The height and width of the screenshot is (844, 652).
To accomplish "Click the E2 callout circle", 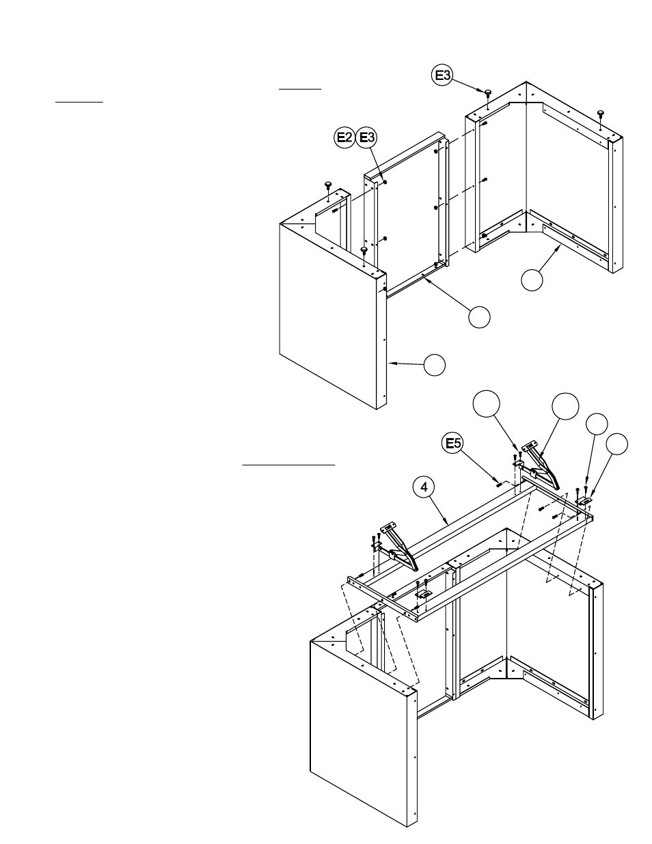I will (x=344, y=138).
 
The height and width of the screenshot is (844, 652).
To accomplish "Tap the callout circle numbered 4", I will (x=424, y=487).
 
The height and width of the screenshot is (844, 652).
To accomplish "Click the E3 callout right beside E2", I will (x=368, y=138).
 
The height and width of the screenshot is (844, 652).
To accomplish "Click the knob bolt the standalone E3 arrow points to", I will (x=489, y=93).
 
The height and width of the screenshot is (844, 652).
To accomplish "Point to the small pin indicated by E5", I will (x=499, y=483).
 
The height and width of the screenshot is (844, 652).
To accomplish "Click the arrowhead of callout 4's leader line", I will (x=448, y=524).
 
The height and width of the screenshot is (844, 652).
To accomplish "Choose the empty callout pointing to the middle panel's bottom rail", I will (x=479, y=316).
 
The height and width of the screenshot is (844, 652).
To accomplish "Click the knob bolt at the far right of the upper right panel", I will (x=600, y=113).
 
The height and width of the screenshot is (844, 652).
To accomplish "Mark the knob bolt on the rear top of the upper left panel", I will (x=328, y=185).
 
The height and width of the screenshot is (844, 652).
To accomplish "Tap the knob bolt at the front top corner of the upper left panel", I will (x=364, y=251).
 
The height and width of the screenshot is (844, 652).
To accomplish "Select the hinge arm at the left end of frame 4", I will (x=402, y=547).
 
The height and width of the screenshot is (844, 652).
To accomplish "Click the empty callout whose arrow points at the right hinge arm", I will (x=566, y=406).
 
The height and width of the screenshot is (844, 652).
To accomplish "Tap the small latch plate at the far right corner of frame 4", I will (x=584, y=501).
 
